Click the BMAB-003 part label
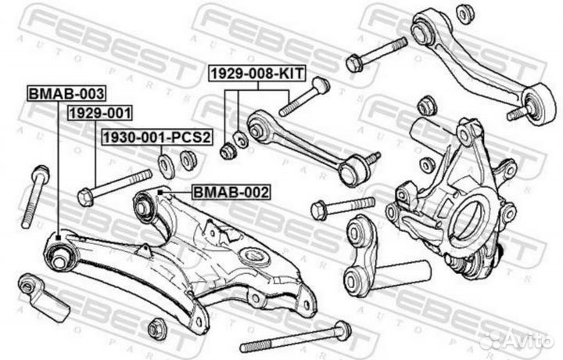(x=66, y=94)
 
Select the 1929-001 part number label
(x=100, y=113)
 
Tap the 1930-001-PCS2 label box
(x=157, y=137)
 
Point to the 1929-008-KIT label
(x=257, y=74)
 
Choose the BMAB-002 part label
(x=231, y=193)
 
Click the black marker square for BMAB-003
(x=59, y=237)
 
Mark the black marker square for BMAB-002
(x=160, y=193)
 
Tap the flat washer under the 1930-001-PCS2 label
(x=167, y=166)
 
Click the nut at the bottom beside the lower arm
(x=157, y=329)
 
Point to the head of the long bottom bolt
(x=342, y=330)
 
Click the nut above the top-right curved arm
(x=466, y=14)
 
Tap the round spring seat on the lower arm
(x=254, y=257)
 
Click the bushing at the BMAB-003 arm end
(x=60, y=257)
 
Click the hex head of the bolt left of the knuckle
(x=319, y=211)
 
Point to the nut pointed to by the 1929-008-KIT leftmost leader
(x=228, y=151)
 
